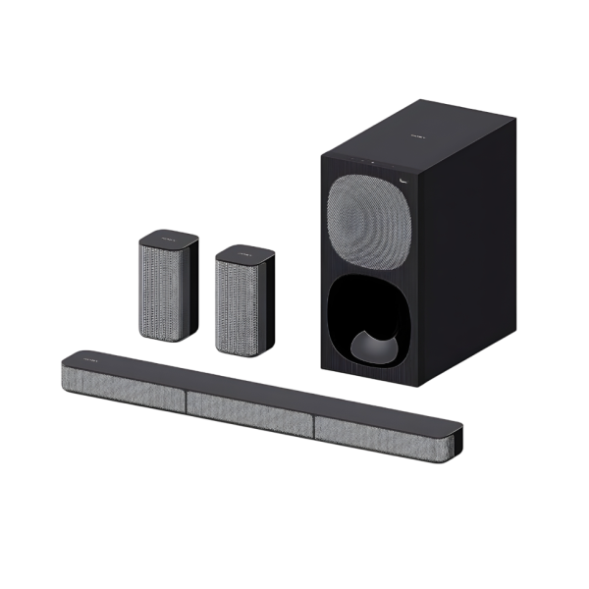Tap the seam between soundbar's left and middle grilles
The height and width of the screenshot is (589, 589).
pos(186,396)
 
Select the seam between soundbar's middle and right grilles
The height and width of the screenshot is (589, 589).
pos(315,420)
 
